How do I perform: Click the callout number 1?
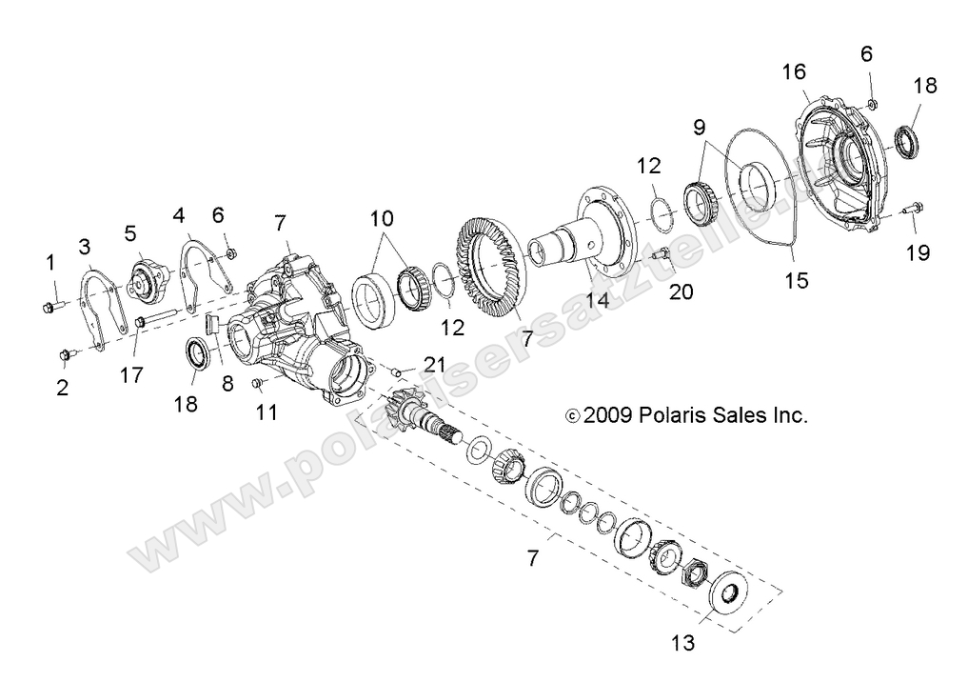(51, 261)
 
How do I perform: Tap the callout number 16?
(794, 72)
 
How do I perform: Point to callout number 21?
(435, 363)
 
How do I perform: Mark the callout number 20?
(681, 292)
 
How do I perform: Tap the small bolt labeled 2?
(66, 355)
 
